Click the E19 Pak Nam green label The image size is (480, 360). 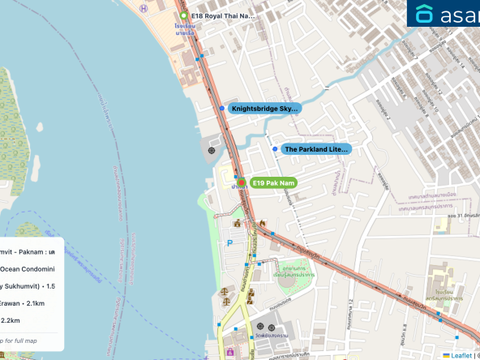click(x=272, y=183)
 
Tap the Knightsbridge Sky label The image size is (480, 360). click(x=265, y=108)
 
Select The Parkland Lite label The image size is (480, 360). click(x=315, y=149)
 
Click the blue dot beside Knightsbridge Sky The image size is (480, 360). click(x=221, y=108)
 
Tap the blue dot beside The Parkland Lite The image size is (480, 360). click(x=274, y=149)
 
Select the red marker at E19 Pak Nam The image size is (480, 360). click(x=241, y=182)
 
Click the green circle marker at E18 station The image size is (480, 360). click(x=184, y=15)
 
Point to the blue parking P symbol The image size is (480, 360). click(x=229, y=242)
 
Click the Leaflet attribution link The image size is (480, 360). click(x=461, y=355)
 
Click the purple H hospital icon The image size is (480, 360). click(x=144, y=9)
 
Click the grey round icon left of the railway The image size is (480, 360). click(x=212, y=150)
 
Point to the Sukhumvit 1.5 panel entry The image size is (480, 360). click(x=28, y=286)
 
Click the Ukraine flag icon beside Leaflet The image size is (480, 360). click(x=446, y=355)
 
